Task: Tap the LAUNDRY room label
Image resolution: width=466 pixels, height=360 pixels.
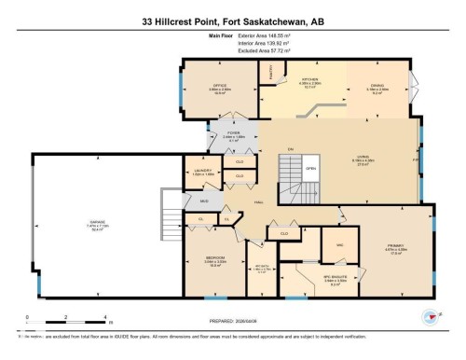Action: pyautogui.click(x=203, y=171)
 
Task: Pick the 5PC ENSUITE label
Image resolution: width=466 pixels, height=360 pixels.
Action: pyautogui.click(x=322, y=277)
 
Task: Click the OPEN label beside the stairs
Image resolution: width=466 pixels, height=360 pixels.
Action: pyautogui.click(x=311, y=169)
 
